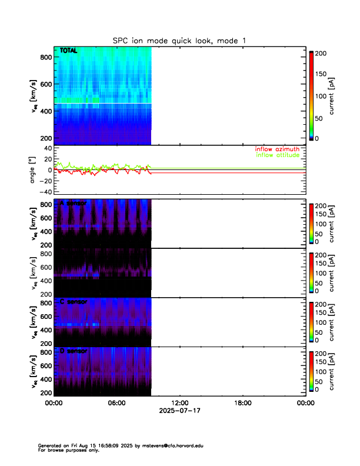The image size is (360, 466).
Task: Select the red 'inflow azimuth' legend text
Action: point(278,149)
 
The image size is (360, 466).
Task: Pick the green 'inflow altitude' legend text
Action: point(278,155)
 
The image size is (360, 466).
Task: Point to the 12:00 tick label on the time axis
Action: point(179,403)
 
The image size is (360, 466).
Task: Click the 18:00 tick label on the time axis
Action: point(242,403)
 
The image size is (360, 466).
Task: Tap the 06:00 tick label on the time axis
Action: point(116,403)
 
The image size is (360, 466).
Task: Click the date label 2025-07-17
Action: point(179,411)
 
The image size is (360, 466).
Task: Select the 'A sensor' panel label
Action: point(74,203)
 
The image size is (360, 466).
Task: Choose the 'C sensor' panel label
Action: point(74,302)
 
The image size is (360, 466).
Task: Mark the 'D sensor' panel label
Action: point(74,351)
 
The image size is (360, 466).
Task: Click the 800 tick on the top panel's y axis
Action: point(44,57)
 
